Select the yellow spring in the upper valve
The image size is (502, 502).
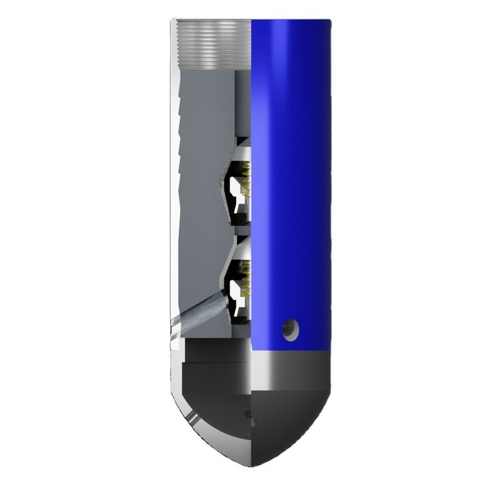pyautogui.click(x=246, y=182)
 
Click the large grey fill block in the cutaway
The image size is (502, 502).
pyautogui.click(x=201, y=188)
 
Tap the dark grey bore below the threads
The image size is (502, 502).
pyautogui.click(x=243, y=100)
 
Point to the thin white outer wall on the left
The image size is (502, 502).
pyautogui.click(x=175, y=188)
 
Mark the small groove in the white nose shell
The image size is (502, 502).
pyautogui.click(x=189, y=417)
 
